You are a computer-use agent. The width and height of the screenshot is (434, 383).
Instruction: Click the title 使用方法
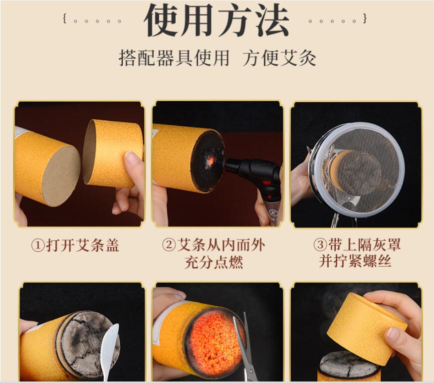[x=217, y=20]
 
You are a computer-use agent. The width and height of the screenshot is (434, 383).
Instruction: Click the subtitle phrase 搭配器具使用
[x=174, y=58]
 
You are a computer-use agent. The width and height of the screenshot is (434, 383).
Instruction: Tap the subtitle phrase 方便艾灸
[x=279, y=58]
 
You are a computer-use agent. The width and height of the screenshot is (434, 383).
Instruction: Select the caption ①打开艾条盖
[x=75, y=245]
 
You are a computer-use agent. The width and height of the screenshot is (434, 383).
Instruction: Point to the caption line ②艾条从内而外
[x=214, y=245]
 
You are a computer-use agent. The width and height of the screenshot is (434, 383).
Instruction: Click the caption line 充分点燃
[x=214, y=262]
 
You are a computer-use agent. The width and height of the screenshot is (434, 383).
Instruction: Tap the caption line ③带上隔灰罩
[x=357, y=245]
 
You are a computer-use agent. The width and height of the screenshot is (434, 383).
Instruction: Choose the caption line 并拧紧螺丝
[x=355, y=261]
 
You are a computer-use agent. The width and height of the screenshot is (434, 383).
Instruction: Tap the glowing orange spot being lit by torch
[x=211, y=160]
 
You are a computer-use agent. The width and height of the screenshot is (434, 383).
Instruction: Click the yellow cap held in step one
[x=113, y=153]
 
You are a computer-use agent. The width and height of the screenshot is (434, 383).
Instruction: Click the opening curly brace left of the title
[x=65, y=19]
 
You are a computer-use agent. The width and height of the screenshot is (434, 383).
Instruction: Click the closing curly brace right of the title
[x=365, y=19]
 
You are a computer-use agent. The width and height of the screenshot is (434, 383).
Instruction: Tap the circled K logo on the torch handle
[x=272, y=213]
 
